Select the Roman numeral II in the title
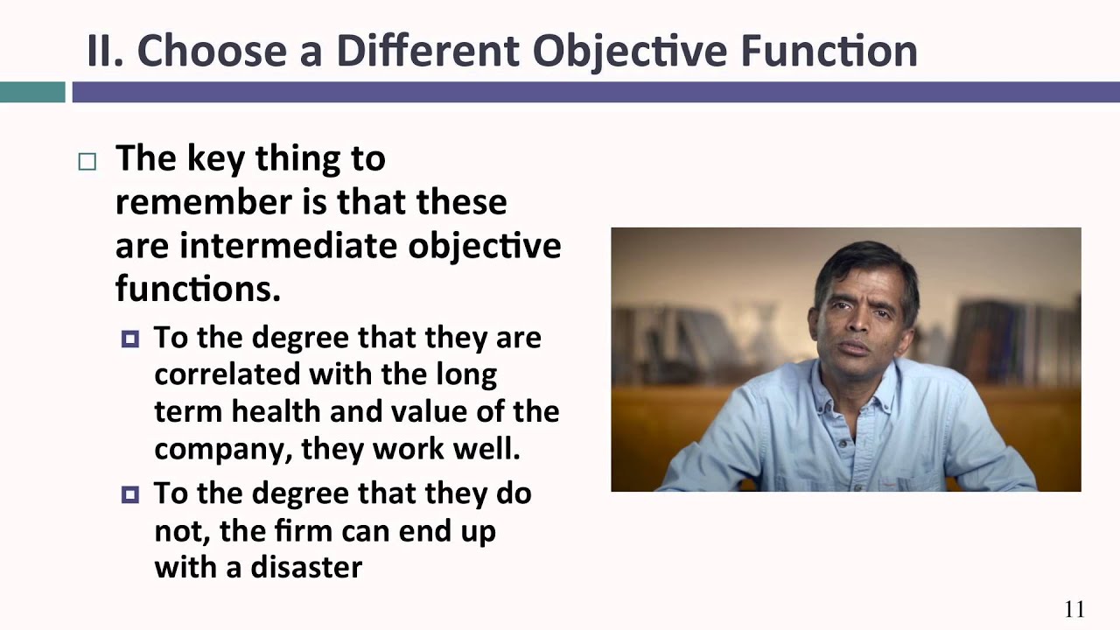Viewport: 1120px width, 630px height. (104, 51)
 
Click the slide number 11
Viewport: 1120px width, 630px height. (1074, 610)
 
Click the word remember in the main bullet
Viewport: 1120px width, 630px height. (202, 202)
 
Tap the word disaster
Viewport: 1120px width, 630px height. (306, 566)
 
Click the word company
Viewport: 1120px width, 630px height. (222, 448)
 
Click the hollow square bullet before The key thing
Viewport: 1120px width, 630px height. (87, 161)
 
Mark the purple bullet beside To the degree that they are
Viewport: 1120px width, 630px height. (130, 339)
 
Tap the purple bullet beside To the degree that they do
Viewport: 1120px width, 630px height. (130, 494)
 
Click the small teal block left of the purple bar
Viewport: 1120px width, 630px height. (32, 92)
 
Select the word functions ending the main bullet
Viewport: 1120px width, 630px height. (198, 288)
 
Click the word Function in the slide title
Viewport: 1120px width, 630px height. (829, 51)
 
